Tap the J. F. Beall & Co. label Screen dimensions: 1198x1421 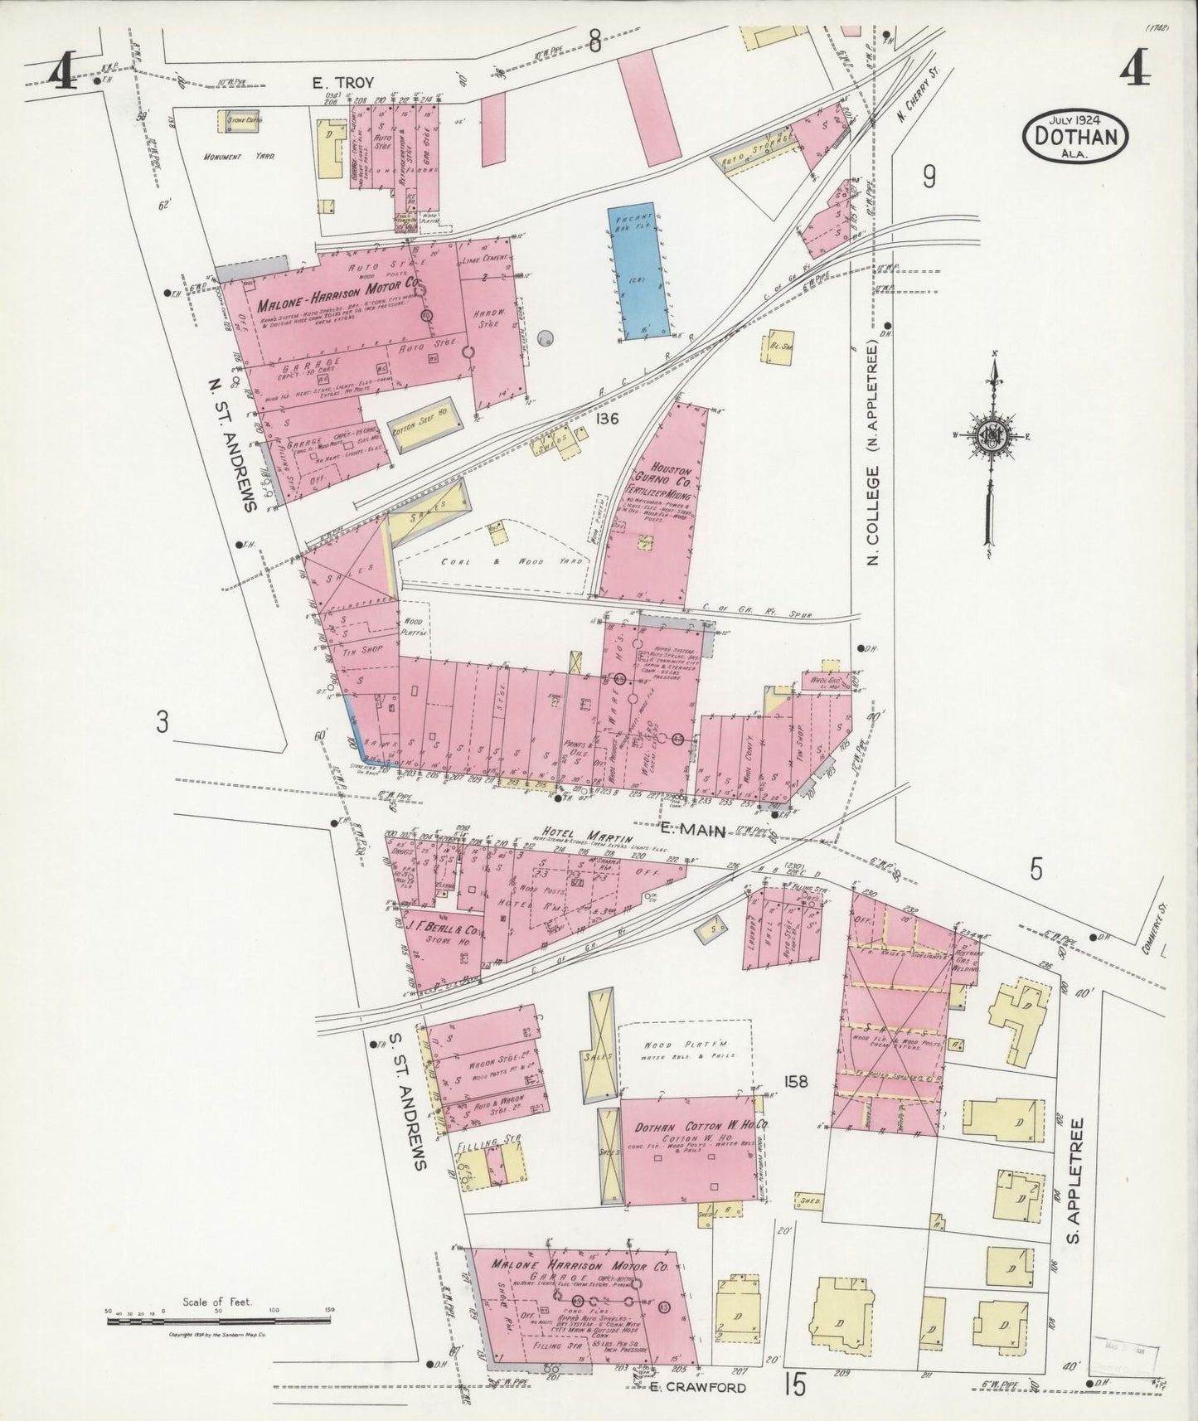pos(444,928)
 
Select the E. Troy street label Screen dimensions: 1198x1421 pos(342,82)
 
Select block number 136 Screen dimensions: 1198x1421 pos(607,420)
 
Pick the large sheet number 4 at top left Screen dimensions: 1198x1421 pos(63,75)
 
